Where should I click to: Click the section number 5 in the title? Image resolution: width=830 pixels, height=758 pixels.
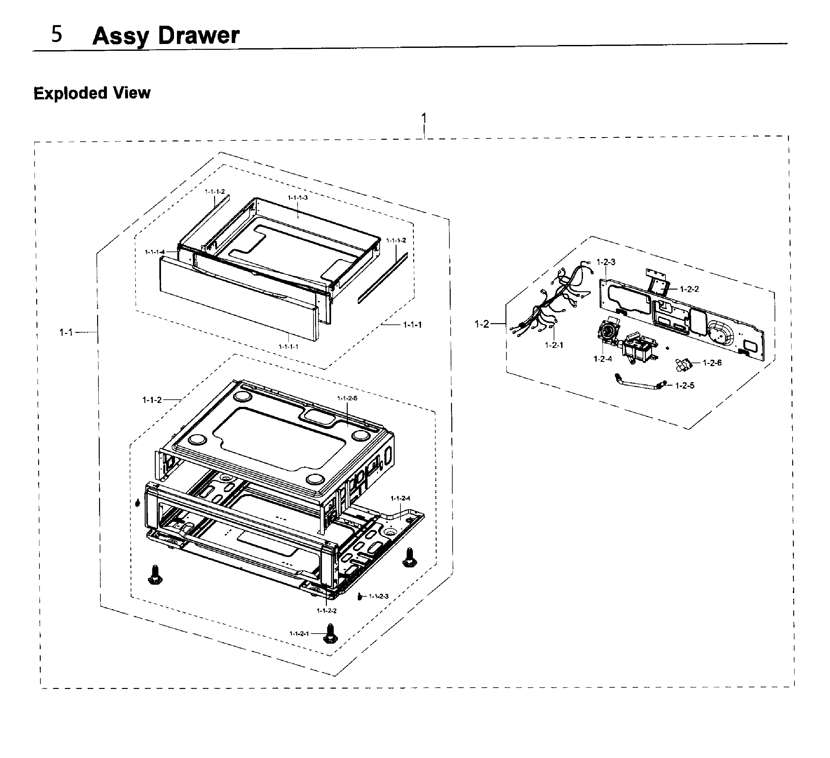57,34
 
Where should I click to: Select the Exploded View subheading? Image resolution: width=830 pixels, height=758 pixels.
92,93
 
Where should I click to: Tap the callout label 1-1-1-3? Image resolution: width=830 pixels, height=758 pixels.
298,197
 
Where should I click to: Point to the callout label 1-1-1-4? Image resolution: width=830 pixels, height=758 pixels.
155,252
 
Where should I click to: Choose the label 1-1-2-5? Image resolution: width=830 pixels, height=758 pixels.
347,398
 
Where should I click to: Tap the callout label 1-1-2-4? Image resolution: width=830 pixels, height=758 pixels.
400,498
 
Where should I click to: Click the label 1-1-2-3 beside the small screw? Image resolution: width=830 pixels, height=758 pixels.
378,596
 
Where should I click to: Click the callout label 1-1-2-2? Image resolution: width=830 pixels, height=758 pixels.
327,611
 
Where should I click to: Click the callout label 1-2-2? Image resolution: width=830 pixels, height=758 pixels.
689,289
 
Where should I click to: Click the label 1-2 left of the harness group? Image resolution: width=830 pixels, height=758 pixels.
482,324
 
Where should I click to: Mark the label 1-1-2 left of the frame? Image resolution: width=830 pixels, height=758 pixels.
152,400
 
